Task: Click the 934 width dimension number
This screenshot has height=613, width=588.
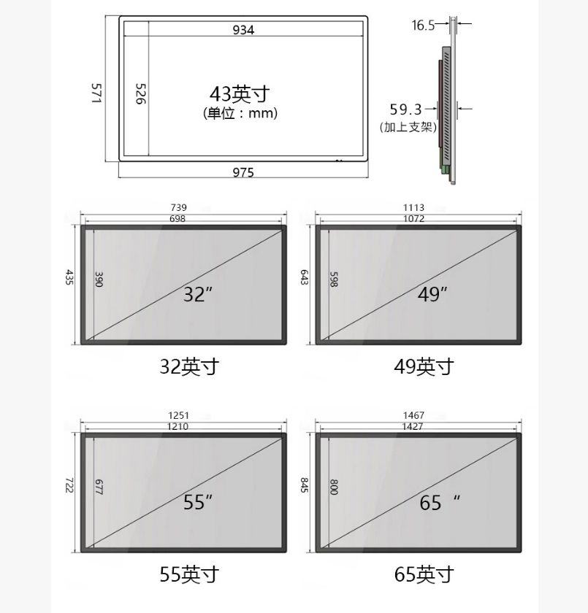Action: (243, 30)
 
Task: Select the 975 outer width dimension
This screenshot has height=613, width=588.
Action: (243, 173)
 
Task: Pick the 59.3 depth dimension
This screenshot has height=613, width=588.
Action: (405, 109)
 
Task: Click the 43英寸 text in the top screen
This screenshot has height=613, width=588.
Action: (240, 94)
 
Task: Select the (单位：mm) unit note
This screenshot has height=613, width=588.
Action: (240, 113)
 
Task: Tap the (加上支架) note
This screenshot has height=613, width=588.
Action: (408, 127)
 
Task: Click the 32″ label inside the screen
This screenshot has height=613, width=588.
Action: (198, 294)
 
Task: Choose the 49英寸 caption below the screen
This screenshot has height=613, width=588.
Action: (424, 366)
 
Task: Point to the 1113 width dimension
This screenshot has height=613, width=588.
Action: (413, 208)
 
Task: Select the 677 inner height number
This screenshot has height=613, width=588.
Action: (98, 487)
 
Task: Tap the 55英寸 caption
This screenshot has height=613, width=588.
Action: (189, 574)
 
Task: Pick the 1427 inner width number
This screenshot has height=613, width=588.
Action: (413, 426)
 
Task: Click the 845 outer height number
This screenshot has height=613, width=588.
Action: (304, 485)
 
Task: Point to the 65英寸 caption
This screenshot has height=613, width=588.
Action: (424, 574)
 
